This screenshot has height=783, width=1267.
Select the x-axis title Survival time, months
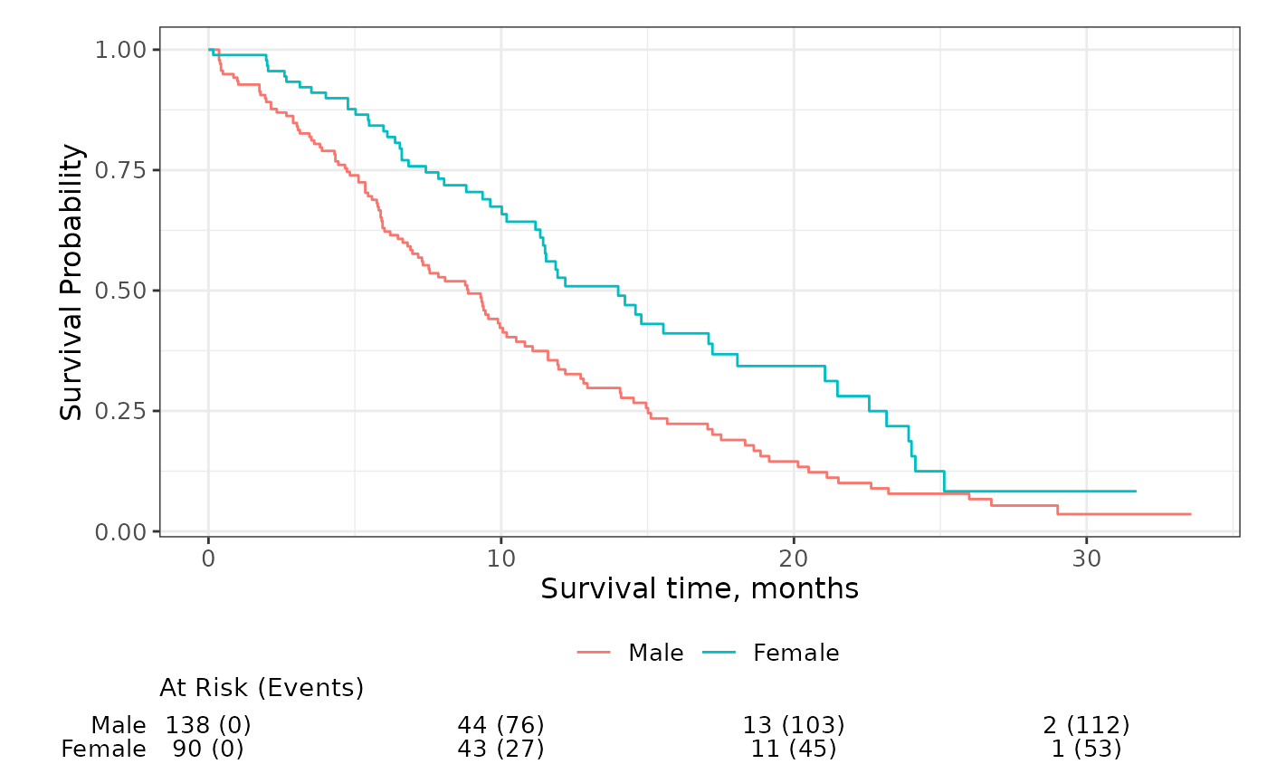700,589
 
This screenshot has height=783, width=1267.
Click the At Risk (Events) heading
262,688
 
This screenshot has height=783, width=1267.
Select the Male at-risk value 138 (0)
208,725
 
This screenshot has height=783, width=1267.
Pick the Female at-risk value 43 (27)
500,750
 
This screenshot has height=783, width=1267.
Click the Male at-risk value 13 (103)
794,725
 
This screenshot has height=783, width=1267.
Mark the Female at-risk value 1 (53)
1086,750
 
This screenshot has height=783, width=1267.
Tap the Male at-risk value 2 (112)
1086,725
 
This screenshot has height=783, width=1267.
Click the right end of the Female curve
1135,491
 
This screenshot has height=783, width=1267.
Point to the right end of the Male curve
1190,513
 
